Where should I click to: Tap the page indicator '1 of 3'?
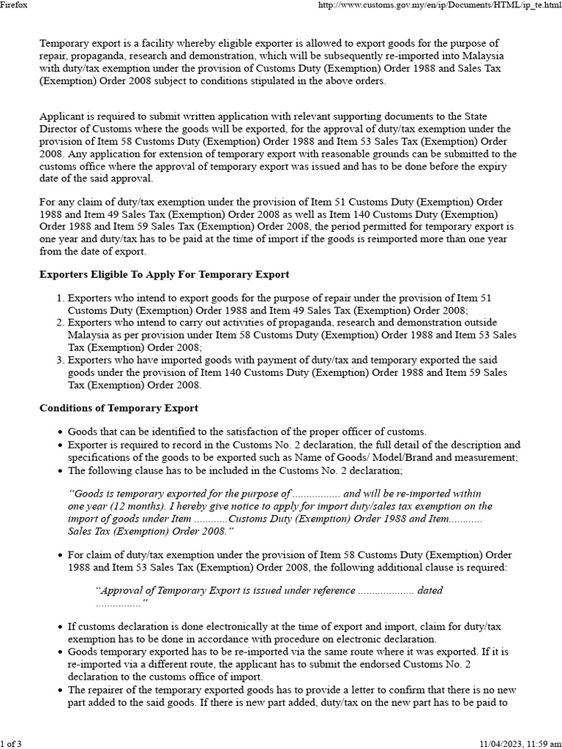(11, 742)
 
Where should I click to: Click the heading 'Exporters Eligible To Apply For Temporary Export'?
(164, 274)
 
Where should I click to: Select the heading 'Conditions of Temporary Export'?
(119, 407)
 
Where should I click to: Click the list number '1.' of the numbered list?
(60, 298)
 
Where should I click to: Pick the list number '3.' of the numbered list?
(60, 360)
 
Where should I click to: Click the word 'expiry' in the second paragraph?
(501, 166)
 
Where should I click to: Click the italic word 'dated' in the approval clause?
(429, 590)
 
